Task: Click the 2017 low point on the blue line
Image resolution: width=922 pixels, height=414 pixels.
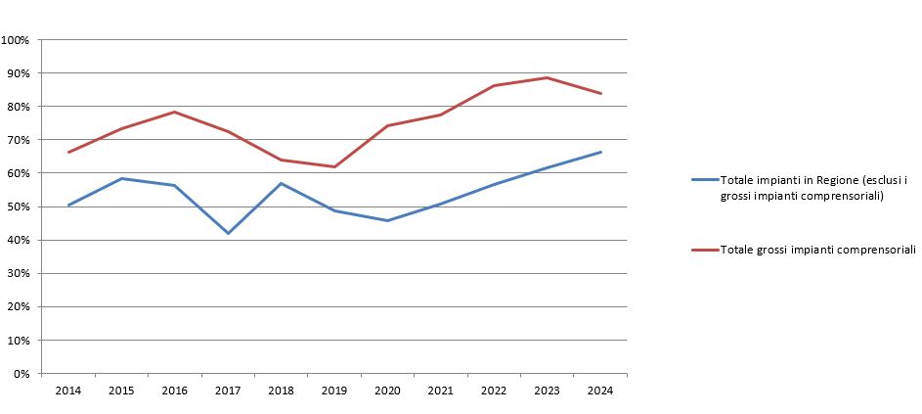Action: click(x=228, y=233)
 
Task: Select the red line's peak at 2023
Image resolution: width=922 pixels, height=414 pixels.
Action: click(x=548, y=77)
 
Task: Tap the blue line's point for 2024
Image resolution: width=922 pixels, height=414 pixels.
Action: click(x=600, y=152)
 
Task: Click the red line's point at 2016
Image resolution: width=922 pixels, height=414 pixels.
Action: click(x=175, y=112)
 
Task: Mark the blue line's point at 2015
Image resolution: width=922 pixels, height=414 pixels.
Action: click(x=121, y=178)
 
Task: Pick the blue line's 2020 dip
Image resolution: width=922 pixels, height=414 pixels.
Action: click(x=387, y=220)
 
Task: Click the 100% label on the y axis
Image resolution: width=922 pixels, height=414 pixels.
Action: click(x=17, y=40)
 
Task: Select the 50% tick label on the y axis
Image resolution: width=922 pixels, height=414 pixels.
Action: click(x=20, y=207)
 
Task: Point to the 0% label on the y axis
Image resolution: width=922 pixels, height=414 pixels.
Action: click(x=22, y=374)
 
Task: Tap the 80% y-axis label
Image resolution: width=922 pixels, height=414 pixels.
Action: click(x=20, y=107)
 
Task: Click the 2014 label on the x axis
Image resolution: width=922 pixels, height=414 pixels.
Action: click(x=68, y=391)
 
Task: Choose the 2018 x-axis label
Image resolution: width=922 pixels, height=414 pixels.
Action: click(x=282, y=391)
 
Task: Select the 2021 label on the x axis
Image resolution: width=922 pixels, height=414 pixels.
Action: click(x=441, y=391)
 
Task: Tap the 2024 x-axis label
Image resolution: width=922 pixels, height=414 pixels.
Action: click(x=600, y=391)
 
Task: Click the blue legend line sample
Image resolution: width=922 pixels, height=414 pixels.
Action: click(x=704, y=181)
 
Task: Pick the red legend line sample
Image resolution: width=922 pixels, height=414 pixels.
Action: click(x=704, y=250)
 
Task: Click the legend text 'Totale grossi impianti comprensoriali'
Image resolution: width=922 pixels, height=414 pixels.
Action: click(x=816, y=250)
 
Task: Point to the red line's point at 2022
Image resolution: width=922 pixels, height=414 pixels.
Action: click(x=494, y=85)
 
